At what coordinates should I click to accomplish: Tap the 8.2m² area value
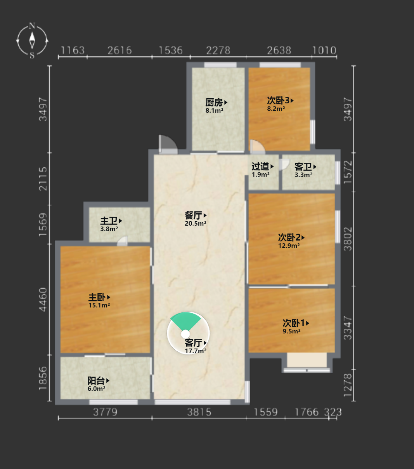276,108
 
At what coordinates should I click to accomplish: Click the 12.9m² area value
289,246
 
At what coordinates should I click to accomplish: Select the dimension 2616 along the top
120,51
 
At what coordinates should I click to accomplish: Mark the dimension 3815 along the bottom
199,412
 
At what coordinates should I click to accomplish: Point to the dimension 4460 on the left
43,299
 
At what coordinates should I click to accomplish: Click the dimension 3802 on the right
348,239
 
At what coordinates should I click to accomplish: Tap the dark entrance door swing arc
168,143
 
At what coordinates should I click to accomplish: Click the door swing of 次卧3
257,146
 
